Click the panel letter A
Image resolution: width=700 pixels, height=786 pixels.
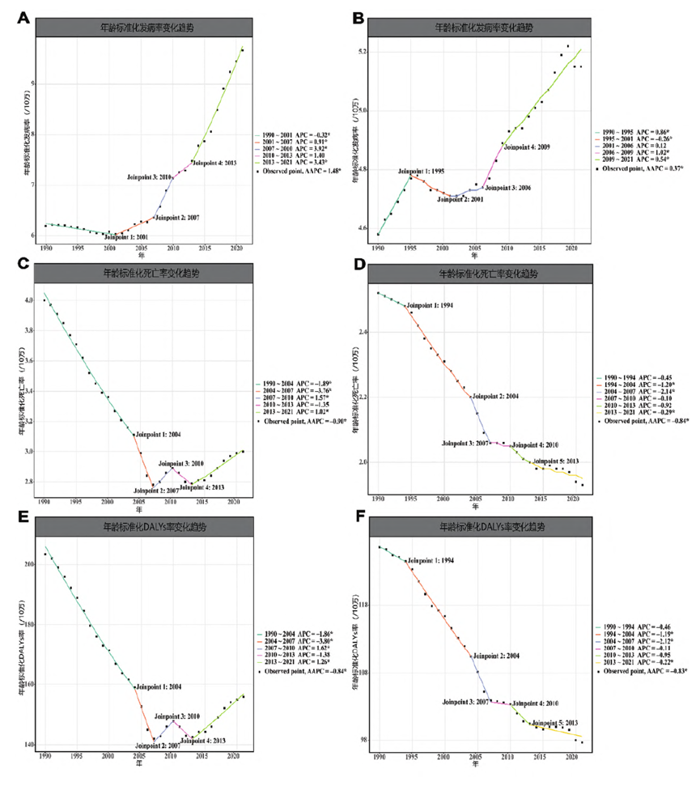pyautogui.click(x=25, y=18)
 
